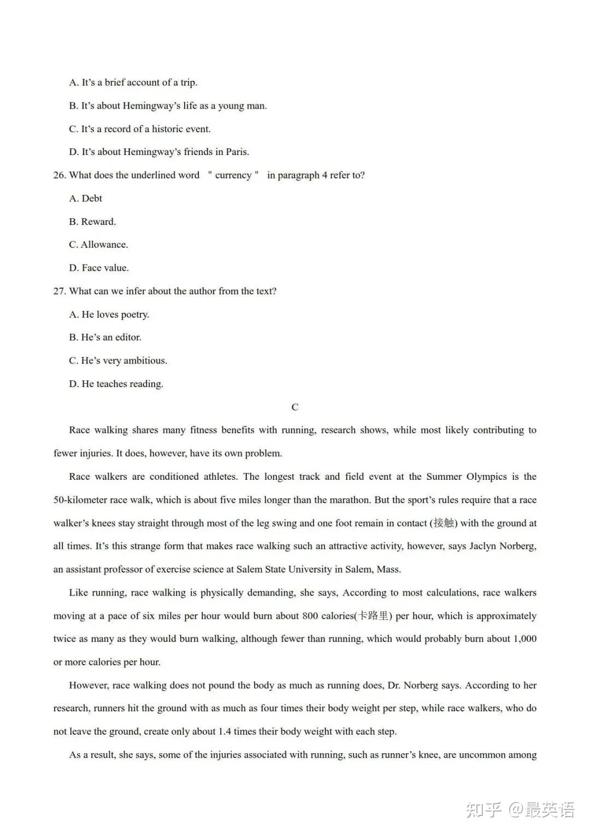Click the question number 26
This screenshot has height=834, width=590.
60,175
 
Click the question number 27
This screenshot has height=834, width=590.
60,291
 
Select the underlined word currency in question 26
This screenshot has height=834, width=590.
233,175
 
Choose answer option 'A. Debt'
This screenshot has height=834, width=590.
86,199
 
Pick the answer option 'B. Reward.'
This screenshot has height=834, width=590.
92,222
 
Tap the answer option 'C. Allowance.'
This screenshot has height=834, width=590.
98,245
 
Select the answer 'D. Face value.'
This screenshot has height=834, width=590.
99,268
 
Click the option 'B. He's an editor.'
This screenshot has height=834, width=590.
105,337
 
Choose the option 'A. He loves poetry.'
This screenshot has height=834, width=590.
109,314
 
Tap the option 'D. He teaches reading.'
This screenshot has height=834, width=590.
116,384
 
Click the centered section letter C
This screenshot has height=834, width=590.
295,407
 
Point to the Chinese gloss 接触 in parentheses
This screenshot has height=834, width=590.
444,523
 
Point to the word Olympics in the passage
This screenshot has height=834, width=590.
486,476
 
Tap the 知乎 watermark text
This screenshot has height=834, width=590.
483,810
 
